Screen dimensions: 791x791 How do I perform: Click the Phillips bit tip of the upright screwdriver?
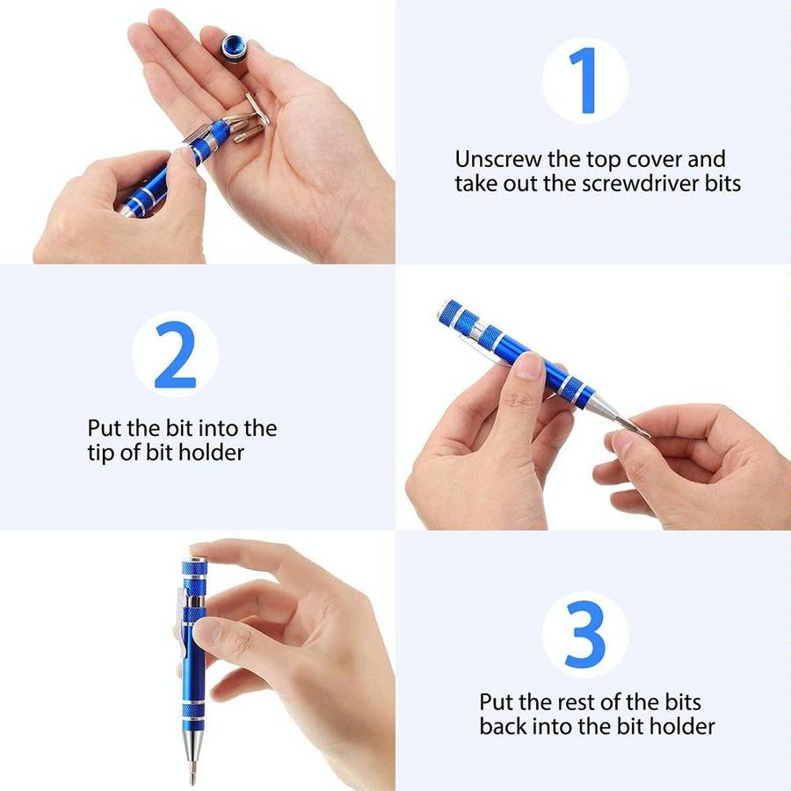point(189,773)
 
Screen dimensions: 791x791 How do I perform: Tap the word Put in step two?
point(104,429)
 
